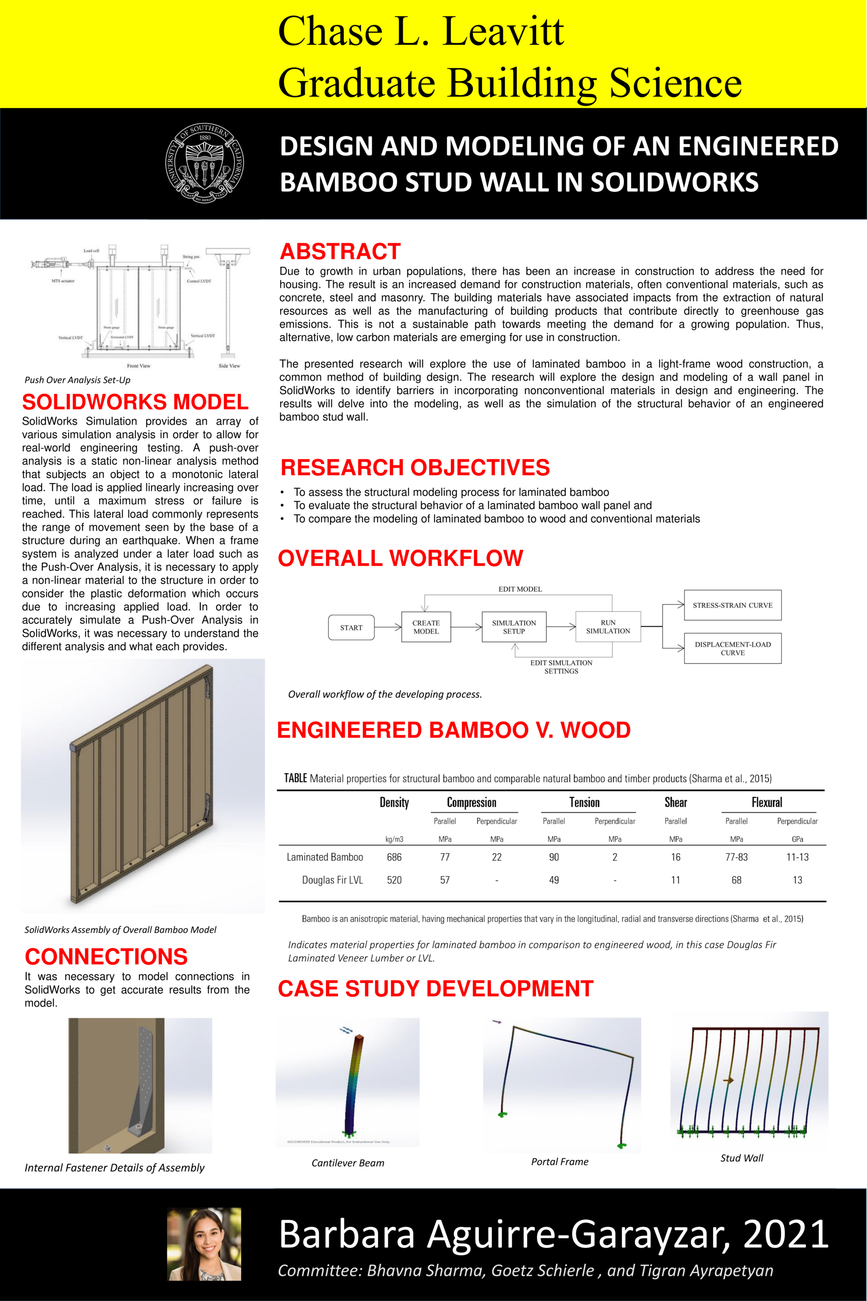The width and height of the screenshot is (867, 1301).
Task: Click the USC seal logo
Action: click(205, 164)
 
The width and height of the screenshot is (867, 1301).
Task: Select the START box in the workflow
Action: click(351, 627)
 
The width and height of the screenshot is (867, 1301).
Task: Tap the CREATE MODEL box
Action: click(426, 627)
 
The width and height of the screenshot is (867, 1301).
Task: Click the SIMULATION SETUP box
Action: click(514, 627)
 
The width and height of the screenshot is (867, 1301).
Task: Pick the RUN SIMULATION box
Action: click(608, 627)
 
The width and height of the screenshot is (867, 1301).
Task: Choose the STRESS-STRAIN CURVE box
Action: click(732, 605)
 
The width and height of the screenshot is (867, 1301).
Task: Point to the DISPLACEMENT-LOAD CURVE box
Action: click(732, 648)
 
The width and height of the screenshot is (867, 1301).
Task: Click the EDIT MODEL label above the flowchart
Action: click(520, 589)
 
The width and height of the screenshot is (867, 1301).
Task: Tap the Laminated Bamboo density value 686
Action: click(394, 857)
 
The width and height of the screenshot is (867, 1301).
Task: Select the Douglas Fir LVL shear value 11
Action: click(675, 880)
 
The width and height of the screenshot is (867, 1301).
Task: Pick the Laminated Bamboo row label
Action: click(325, 857)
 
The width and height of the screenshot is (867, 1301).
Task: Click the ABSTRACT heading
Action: click(340, 251)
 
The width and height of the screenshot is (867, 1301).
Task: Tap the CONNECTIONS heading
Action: click(106, 956)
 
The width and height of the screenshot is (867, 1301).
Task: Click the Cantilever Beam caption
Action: click(347, 1163)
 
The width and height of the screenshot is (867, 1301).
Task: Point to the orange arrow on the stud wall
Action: click(728, 1080)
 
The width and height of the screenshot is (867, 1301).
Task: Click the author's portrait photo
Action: click(205, 1243)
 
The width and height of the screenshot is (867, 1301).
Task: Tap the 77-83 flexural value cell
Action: click(736, 857)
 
